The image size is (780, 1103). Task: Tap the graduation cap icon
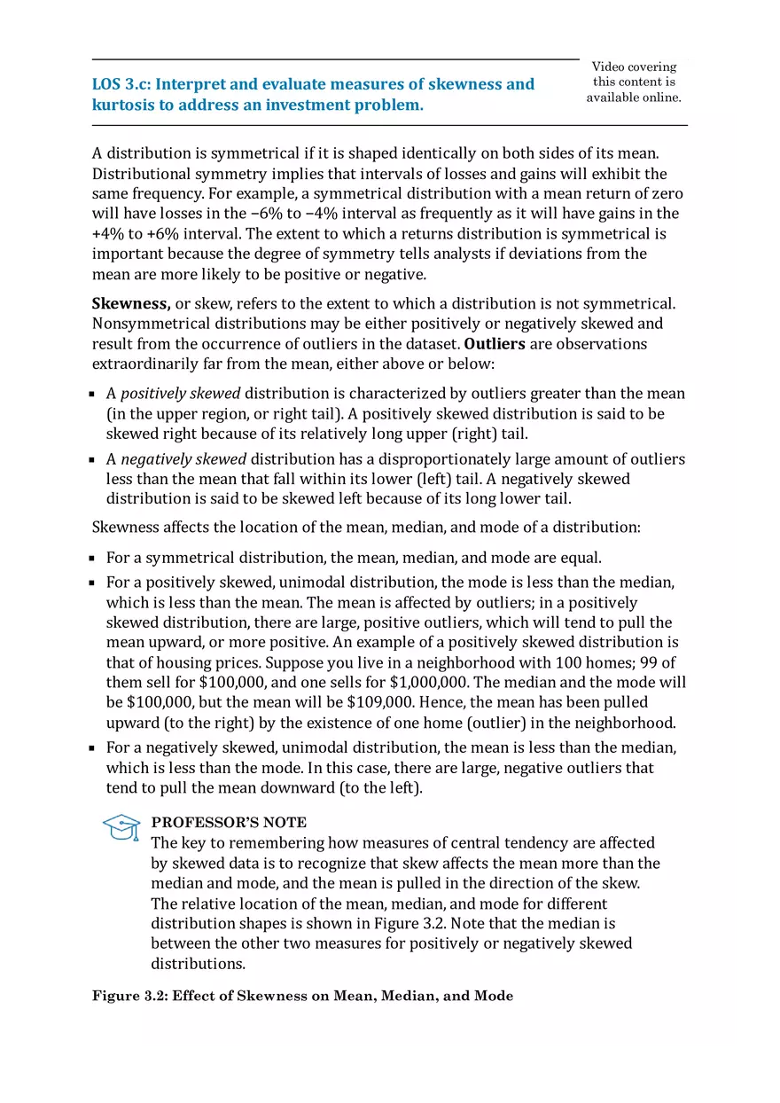121,827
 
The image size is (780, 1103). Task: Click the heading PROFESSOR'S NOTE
229,822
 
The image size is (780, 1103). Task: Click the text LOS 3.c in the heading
121,84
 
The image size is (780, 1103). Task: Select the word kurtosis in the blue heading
122,105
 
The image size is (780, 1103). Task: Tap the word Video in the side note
608,66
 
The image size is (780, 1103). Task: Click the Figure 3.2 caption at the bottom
302,996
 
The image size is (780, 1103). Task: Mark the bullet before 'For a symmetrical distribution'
92,559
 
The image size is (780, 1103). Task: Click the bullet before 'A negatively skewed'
92,460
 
